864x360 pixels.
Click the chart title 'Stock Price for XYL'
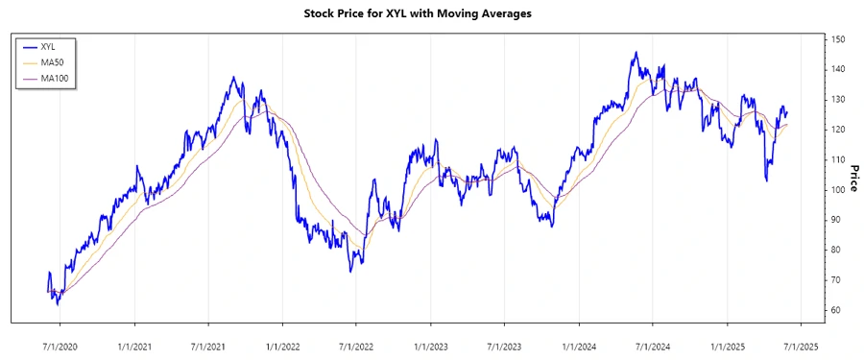[x=431, y=14]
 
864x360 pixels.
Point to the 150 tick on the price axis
[x=839, y=39]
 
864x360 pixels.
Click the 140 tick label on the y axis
[x=839, y=69]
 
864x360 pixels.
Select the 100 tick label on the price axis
[x=839, y=189]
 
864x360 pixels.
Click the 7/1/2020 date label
[x=60, y=347]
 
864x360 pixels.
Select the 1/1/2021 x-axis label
[x=134, y=347]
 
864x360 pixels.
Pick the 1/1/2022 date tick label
[x=282, y=347]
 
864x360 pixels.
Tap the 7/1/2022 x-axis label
[x=355, y=347]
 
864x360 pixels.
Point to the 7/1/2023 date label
[x=503, y=347]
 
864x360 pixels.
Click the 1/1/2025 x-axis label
[x=727, y=347]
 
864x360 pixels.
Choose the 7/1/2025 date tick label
[x=800, y=347]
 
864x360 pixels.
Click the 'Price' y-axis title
[x=852, y=178]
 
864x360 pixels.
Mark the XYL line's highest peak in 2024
[x=635, y=53]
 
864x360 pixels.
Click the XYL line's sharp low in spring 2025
[x=766, y=180]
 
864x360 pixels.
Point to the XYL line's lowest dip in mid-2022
[x=350, y=272]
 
